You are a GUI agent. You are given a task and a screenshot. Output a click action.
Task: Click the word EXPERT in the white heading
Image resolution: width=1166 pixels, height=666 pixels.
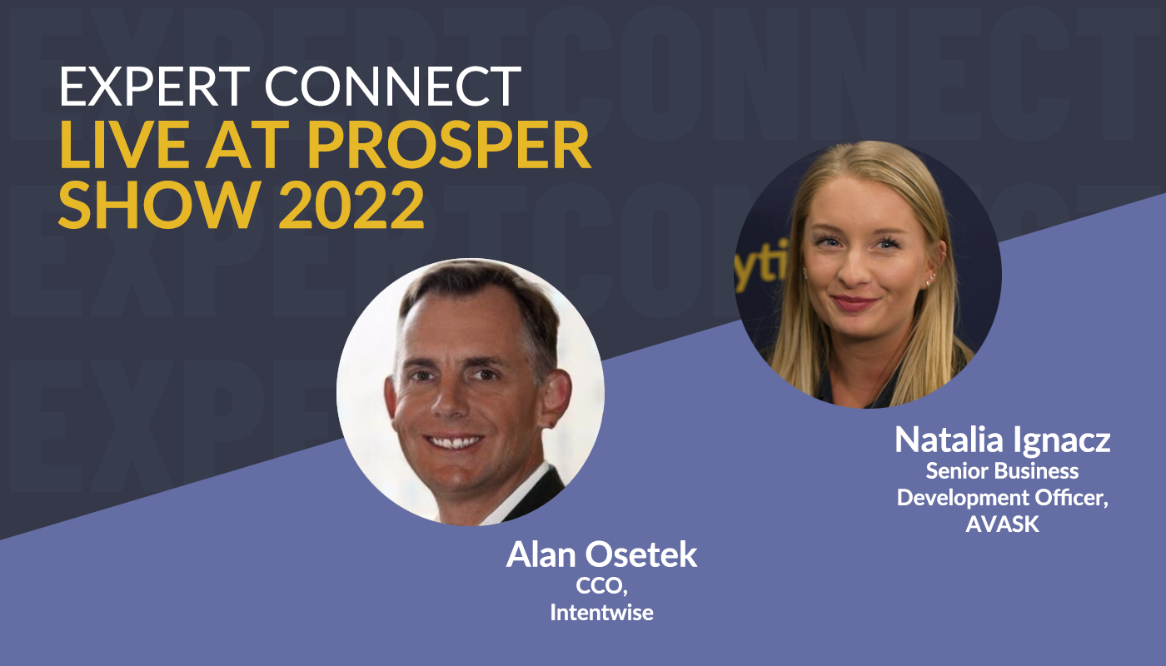(x=155, y=87)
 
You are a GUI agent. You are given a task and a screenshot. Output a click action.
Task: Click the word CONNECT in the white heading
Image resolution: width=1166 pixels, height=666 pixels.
(x=393, y=87)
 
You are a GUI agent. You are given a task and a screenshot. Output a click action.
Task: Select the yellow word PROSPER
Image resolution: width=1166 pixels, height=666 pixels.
(x=449, y=145)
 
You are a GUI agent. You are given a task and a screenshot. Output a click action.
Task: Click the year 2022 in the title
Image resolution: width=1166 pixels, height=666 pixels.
(x=351, y=205)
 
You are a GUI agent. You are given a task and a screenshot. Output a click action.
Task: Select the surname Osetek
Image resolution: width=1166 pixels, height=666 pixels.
(x=641, y=554)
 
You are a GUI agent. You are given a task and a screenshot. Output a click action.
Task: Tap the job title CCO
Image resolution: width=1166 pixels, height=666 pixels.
(x=601, y=587)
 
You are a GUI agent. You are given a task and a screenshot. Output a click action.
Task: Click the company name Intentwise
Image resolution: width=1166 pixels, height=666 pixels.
(x=601, y=613)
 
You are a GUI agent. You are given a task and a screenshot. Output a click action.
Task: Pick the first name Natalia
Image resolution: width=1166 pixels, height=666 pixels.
(x=949, y=440)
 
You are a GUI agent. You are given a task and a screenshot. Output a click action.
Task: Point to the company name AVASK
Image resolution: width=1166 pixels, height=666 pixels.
(x=1003, y=524)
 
